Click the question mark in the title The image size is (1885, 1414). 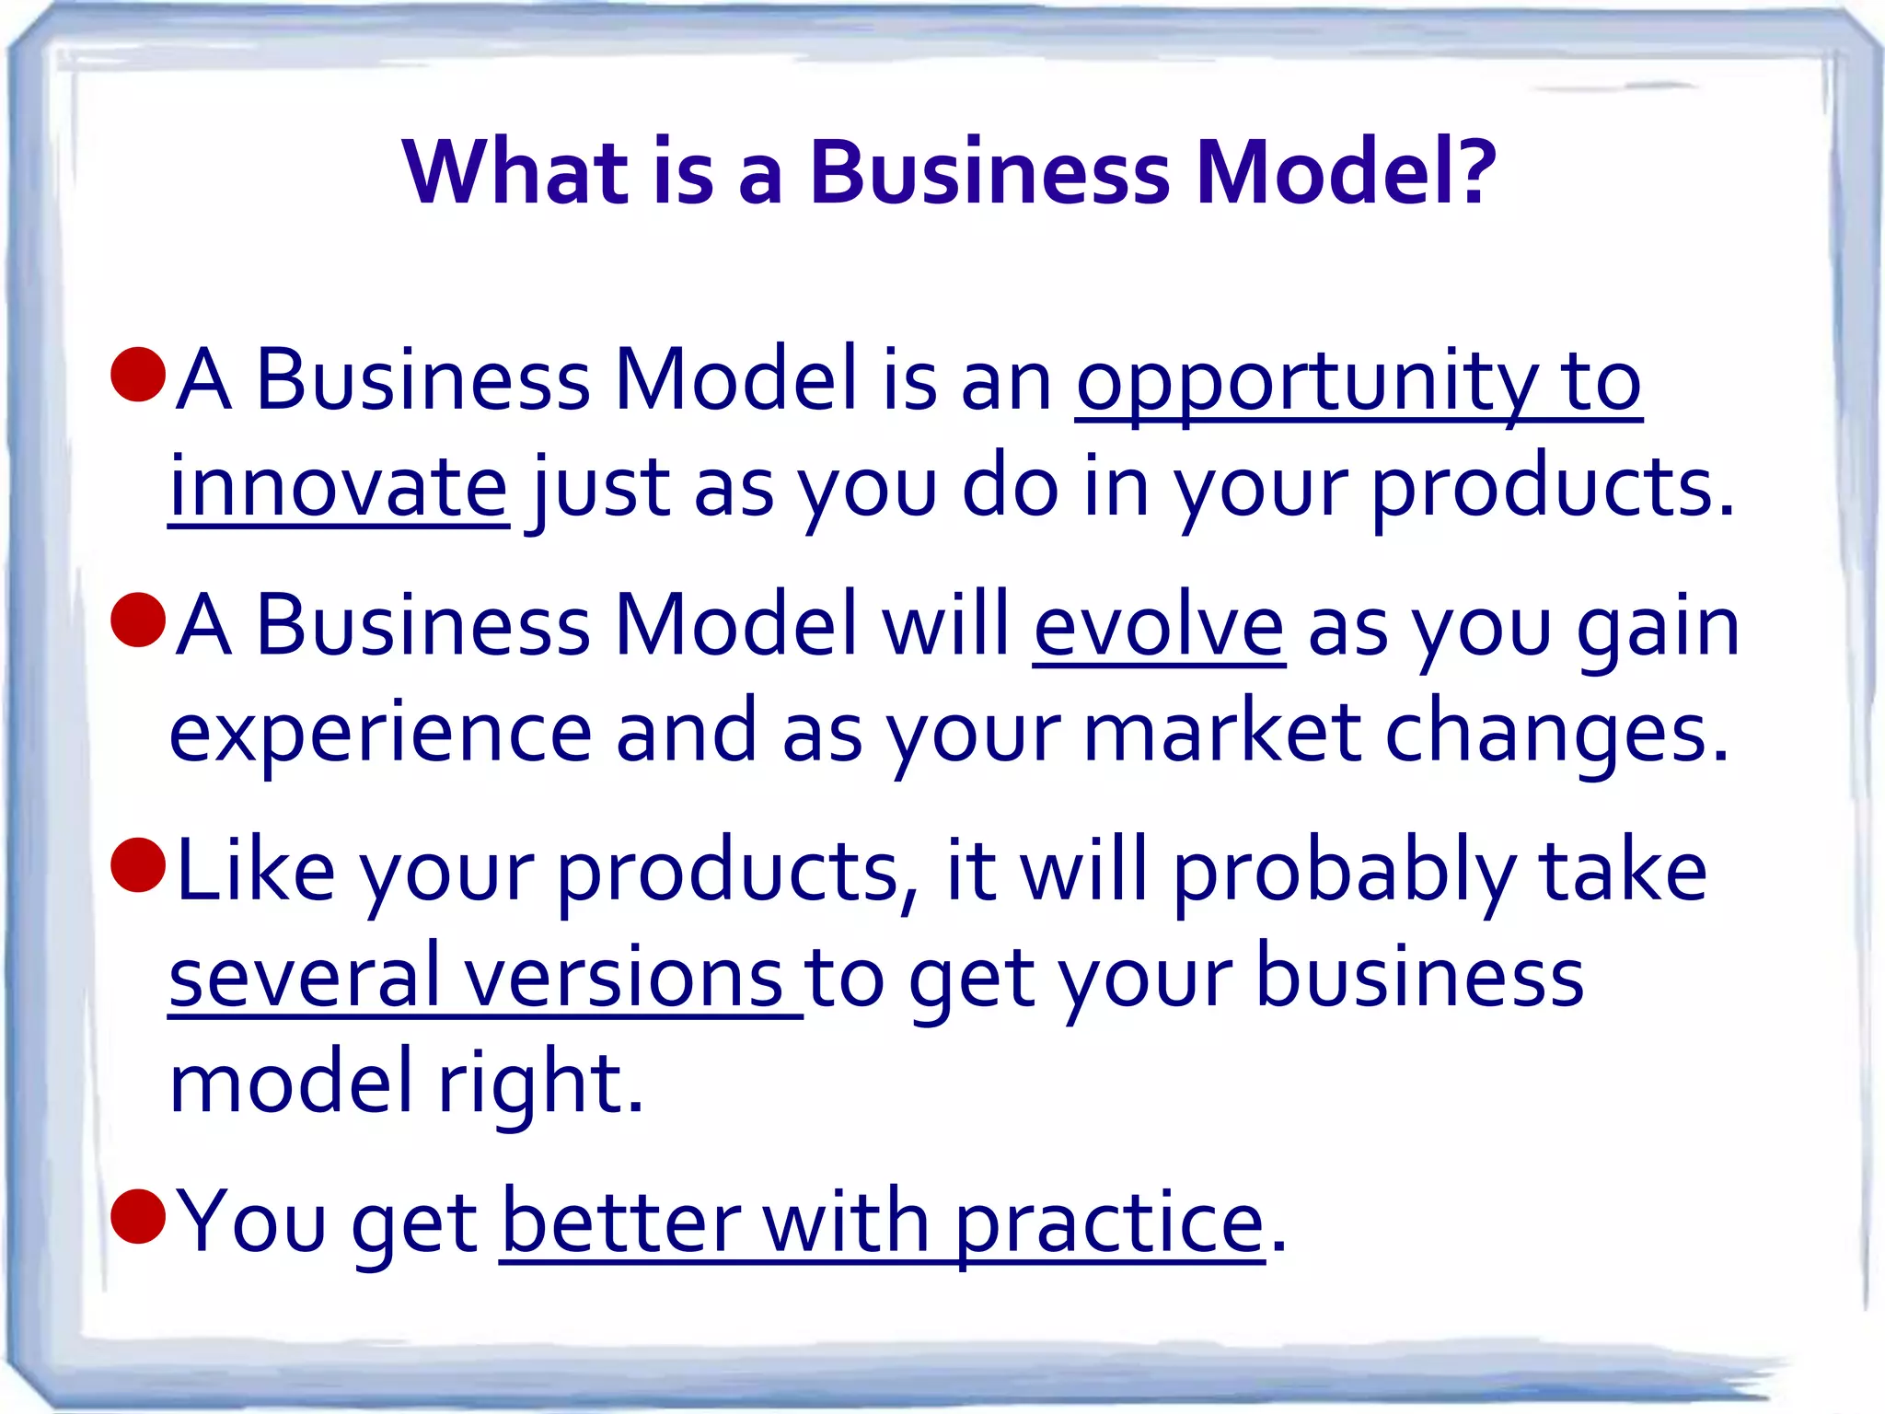(1471, 173)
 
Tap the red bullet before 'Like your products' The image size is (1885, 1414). (138, 865)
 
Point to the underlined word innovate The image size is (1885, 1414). (339, 488)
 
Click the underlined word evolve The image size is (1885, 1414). (1159, 626)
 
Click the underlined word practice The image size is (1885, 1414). (1109, 1224)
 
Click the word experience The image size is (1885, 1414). (380, 735)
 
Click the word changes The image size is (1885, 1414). (1556, 735)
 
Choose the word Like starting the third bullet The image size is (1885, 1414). (255, 870)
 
